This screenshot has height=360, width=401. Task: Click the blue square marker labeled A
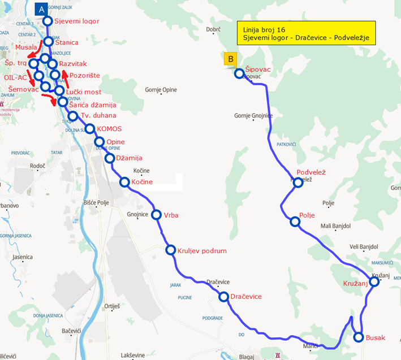coord(41,9)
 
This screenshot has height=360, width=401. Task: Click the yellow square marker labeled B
coord(230,59)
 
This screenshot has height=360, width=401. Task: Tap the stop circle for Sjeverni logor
coord(48,21)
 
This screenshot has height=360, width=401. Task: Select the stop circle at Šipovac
coord(239,73)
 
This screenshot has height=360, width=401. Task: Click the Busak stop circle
coord(359,337)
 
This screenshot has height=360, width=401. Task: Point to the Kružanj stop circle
coord(374,281)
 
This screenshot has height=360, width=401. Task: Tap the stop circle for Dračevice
coord(223,296)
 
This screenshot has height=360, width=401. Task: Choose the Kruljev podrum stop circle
coord(170,250)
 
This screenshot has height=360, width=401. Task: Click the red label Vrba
coord(171,215)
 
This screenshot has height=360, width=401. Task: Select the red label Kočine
coord(142,182)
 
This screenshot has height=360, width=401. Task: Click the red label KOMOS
coord(109,129)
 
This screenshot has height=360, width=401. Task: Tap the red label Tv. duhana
coord(95,116)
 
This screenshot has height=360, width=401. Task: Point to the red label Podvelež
coord(312,172)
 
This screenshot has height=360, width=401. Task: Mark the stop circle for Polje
coord(295,222)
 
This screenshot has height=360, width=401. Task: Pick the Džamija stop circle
coord(109,158)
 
